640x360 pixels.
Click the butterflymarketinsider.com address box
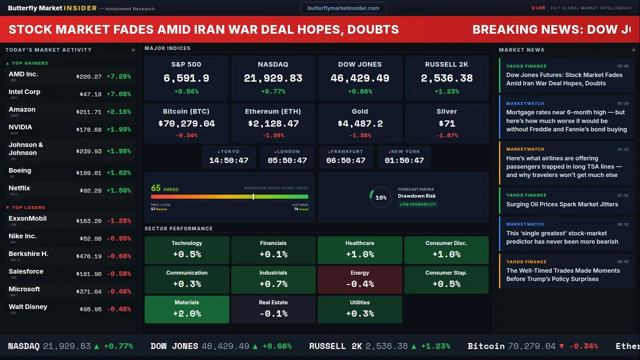coord(343,8)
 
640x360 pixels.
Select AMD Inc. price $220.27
coord(89,77)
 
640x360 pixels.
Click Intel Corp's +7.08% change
coord(118,94)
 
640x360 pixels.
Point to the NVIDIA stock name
coord(20,127)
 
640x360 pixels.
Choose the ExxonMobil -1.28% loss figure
coord(118,221)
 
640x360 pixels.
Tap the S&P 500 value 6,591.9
coord(186,78)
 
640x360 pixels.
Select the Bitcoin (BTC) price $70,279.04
coord(186,123)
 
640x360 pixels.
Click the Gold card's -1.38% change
coord(360,135)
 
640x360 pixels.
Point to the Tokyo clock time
coord(228,160)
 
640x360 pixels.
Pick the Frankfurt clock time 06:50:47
coord(345,160)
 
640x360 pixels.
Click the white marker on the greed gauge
coord(253,196)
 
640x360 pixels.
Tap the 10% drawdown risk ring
coord(380,197)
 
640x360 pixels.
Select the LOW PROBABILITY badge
coord(417,204)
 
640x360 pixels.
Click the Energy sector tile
coord(360,279)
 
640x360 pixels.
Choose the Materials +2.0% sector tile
coord(187,309)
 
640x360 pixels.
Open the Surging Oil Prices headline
coord(562,204)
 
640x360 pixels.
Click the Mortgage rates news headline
coord(566,121)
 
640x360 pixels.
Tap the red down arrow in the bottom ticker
coord(561,346)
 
